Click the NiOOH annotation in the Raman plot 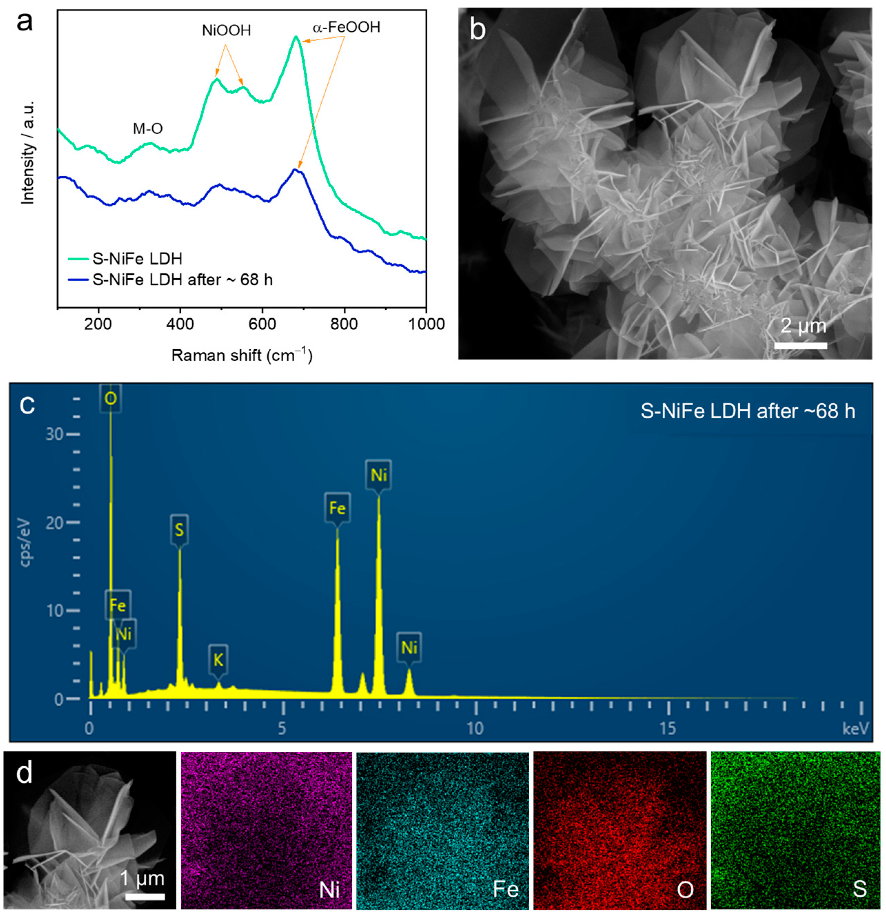(226, 30)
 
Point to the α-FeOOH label (346, 27)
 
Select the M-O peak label (147, 128)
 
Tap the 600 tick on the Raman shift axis (262, 323)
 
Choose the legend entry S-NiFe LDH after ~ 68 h (182, 280)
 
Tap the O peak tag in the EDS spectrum (111, 399)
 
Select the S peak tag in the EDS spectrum (179, 530)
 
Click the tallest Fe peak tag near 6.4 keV (337, 508)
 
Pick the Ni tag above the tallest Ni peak (379, 475)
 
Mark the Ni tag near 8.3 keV (409, 648)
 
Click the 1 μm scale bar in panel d (145, 897)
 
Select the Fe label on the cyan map (506, 889)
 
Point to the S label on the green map (859, 888)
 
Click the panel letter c (27, 404)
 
